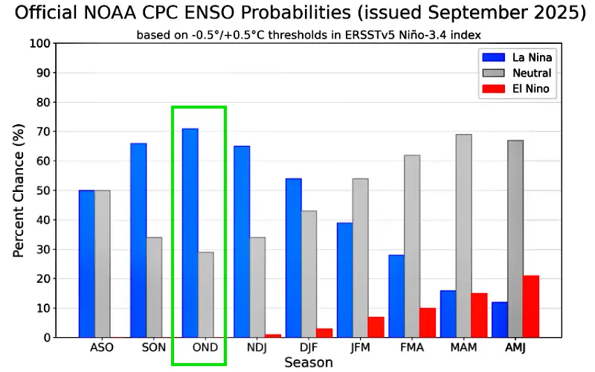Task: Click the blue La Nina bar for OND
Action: point(190,233)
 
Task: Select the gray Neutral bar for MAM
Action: point(463,236)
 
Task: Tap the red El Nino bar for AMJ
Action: point(531,307)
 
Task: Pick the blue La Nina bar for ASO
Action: point(86,264)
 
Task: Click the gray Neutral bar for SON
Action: point(154,287)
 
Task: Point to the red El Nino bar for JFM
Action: point(376,327)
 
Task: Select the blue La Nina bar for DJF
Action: point(293,257)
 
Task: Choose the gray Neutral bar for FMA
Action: point(412,246)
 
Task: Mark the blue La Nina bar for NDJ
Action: point(242,241)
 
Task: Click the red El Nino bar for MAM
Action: point(479,315)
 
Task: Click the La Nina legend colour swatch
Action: point(493,57)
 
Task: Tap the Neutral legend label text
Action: point(532,73)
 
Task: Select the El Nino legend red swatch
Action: point(493,89)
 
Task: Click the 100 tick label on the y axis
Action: point(40,43)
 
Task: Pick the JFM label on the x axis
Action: point(360,347)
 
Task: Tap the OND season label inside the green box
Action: point(205,347)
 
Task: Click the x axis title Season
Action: point(309,362)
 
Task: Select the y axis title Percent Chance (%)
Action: point(18,190)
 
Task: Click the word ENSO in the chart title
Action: point(206,13)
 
